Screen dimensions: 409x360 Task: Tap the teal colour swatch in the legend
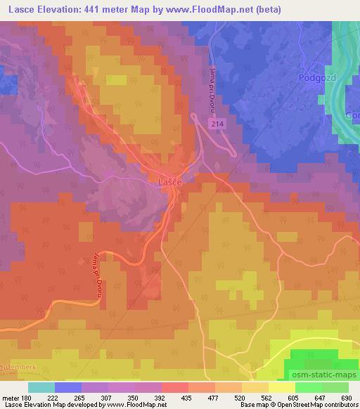click(41, 387)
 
